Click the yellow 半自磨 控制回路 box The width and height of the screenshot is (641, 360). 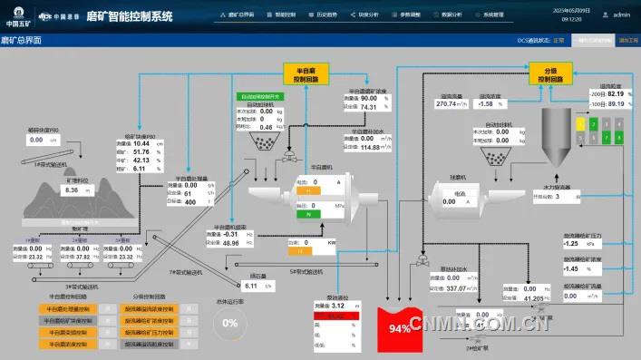pyautogui.click(x=304, y=73)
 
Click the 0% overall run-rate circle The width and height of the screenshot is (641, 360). pyautogui.click(x=230, y=322)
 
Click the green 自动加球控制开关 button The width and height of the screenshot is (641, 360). pyautogui.click(x=260, y=96)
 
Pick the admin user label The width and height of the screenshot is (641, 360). pyautogui.click(x=621, y=15)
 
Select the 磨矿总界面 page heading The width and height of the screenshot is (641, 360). pyautogui.click(x=22, y=41)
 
